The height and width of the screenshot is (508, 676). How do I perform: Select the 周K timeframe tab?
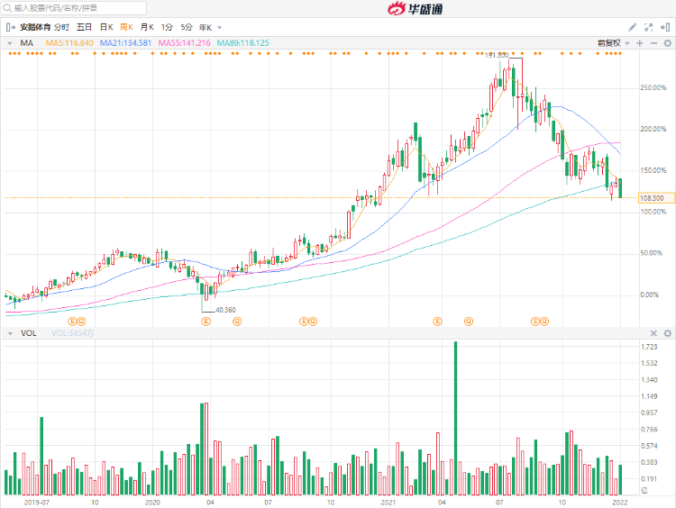(x=125, y=27)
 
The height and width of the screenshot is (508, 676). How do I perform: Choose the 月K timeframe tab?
(x=146, y=27)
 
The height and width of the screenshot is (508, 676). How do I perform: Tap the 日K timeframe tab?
(x=105, y=27)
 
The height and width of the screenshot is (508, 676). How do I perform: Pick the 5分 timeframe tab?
(x=186, y=27)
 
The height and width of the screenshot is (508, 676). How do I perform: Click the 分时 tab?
(x=61, y=27)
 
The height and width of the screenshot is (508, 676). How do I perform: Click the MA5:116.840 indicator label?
(x=69, y=42)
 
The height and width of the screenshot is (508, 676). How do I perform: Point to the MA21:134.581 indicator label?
(x=125, y=42)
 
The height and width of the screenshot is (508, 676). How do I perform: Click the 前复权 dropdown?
(x=610, y=42)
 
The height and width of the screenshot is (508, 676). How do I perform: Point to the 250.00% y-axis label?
(x=653, y=87)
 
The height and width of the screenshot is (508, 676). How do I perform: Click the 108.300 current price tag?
(x=652, y=198)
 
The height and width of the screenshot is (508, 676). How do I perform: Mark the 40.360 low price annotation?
(x=224, y=310)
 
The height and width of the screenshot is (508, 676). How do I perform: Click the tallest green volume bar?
(x=455, y=419)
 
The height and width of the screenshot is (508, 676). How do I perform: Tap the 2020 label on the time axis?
(x=152, y=502)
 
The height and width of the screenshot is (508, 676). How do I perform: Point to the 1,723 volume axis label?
(x=649, y=346)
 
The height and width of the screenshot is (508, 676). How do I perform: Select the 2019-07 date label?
(x=36, y=502)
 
